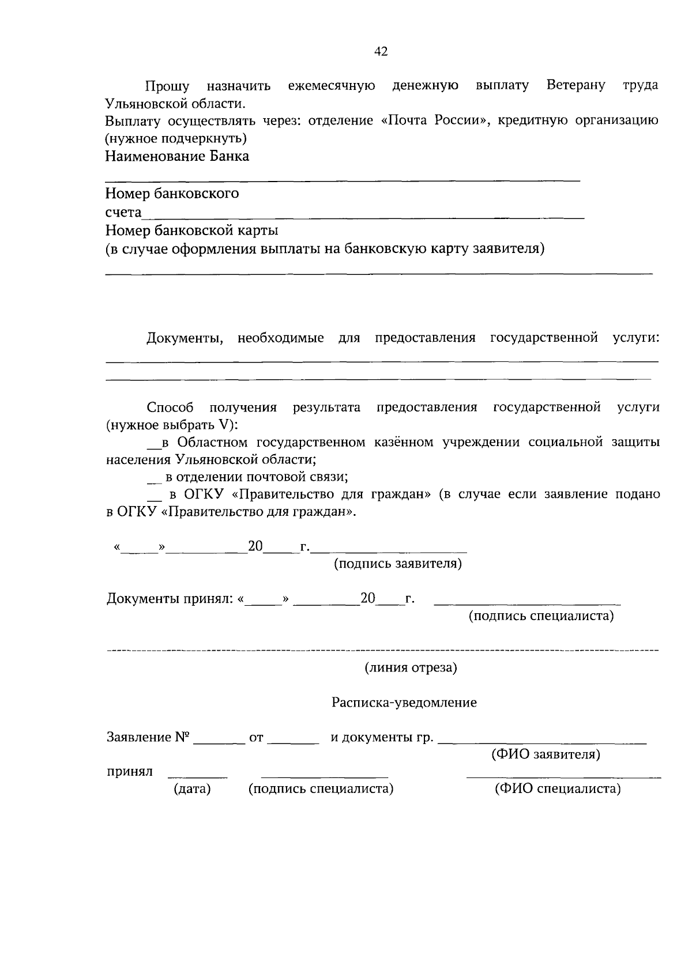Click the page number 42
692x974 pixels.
coord(381,51)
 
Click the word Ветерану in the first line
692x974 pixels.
coord(575,85)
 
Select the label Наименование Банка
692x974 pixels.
coord(177,156)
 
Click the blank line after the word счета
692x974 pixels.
coord(363,216)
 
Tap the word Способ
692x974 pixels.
coord(170,407)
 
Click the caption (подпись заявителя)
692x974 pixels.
coord(398,564)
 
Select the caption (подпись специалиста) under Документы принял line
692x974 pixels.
coord(540,616)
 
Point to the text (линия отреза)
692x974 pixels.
coord(410,668)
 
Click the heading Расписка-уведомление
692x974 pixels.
coord(404,703)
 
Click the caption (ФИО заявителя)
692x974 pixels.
coord(545,754)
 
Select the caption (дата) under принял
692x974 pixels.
coord(192,789)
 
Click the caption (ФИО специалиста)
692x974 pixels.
coord(557,789)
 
